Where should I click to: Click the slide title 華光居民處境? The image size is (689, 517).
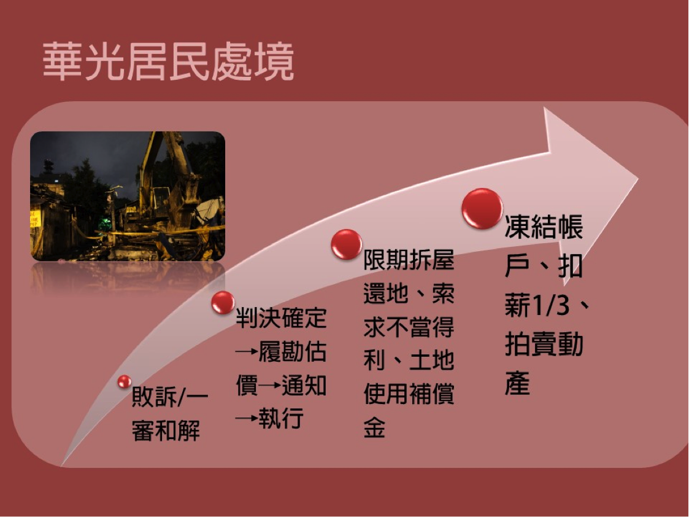pos(168,62)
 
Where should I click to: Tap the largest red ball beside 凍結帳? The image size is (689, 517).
pos(482,208)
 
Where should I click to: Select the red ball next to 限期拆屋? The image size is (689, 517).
pos(347,244)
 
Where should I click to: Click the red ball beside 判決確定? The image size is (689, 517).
pos(223,303)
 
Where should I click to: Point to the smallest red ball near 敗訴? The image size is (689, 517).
pos(125,381)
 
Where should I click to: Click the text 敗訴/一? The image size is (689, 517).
pos(170,397)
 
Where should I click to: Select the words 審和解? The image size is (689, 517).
pos(166,430)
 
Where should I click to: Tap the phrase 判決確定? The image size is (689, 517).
pos(281,317)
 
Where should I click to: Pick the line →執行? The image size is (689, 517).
pos(270,418)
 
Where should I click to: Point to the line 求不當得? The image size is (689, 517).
pos(409,326)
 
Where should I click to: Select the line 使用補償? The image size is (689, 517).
pos(409,393)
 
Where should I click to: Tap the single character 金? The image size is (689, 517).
pos(374,427)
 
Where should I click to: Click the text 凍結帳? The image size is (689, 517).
pos(544,227)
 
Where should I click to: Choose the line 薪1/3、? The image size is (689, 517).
pos(547,305)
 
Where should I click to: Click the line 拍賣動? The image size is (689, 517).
pos(544,344)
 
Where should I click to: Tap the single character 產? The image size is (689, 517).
pos(517,383)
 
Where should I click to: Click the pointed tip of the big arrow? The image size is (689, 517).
pos(637,179)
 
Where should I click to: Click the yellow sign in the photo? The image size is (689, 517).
pos(35,219)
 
